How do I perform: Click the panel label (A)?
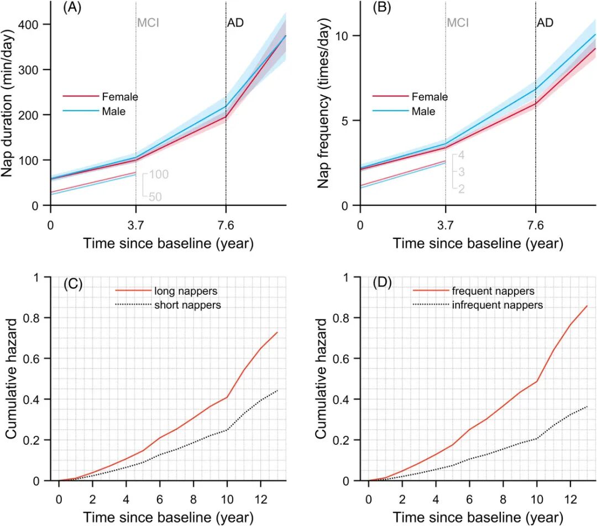[73, 8]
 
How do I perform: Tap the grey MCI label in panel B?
[458, 23]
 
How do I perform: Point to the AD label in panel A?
[235, 23]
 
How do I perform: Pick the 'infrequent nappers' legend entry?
[498, 304]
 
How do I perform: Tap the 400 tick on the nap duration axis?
[34, 24]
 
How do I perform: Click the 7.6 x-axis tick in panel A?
[226, 226]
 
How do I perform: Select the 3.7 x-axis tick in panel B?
[445, 226]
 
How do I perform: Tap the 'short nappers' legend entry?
[187, 304]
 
